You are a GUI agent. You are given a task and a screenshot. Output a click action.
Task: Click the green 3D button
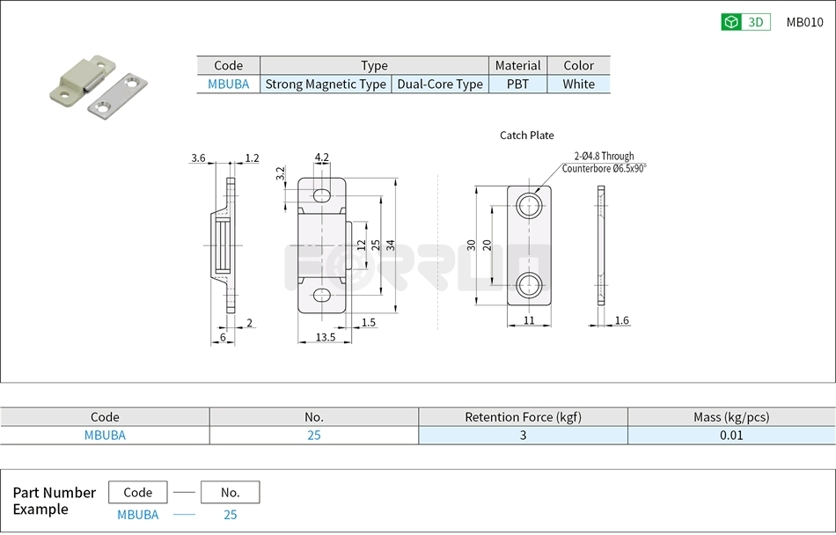745,23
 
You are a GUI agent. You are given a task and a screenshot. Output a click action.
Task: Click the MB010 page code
804,23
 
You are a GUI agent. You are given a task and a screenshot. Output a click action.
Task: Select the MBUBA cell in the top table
228,84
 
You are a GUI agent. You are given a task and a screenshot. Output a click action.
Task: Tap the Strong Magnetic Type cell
326,84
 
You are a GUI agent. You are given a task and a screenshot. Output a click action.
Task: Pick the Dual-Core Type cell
440,84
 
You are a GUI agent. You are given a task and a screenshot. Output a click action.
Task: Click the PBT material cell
517,84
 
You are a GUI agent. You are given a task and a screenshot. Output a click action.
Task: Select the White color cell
578,84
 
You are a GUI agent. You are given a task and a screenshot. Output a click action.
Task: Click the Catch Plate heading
527,135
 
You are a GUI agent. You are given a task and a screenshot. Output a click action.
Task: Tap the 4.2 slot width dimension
321,158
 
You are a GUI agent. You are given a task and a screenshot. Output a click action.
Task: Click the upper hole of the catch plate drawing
529,207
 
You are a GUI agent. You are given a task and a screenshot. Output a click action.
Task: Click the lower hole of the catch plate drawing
529,283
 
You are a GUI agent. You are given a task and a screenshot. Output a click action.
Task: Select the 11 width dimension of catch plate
529,320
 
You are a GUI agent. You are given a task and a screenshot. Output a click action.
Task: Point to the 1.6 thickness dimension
621,320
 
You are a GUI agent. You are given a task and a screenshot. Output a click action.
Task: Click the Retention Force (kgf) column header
523,417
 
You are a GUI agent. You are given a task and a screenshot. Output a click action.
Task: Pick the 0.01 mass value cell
731,436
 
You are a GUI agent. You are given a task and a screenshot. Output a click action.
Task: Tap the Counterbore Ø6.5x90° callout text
604,168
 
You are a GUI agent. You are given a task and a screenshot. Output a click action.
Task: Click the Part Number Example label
54,501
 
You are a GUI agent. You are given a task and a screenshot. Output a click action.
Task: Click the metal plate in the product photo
118,96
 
